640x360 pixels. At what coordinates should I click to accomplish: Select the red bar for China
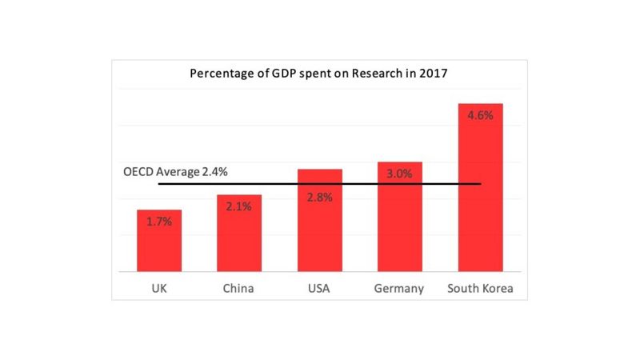pyautogui.click(x=238, y=236)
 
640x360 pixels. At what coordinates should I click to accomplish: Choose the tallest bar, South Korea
pyautogui.click(x=480, y=192)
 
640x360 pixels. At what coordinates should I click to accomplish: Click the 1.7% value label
pyautogui.click(x=158, y=221)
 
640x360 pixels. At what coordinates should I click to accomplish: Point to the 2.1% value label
pyautogui.click(x=238, y=206)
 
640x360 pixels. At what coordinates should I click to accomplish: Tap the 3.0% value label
pyautogui.click(x=399, y=174)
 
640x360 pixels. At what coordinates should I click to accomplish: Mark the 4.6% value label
pyautogui.click(x=480, y=115)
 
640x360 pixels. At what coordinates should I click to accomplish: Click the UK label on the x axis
pyautogui.click(x=158, y=288)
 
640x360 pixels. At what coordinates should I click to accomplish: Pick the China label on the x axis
pyautogui.click(x=238, y=288)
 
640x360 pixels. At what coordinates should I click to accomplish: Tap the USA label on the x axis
pyautogui.click(x=319, y=288)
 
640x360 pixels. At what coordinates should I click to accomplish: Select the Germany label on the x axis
pyautogui.click(x=399, y=288)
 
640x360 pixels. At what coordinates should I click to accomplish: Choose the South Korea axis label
pyautogui.click(x=480, y=288)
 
